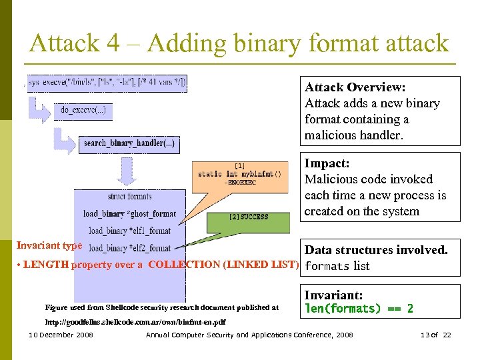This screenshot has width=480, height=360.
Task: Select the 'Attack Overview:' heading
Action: [355, 87]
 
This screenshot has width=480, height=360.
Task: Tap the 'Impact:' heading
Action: [327, 163]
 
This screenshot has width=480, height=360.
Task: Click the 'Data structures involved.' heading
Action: [376, 250]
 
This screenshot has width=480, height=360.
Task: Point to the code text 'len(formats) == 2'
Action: [359, 309]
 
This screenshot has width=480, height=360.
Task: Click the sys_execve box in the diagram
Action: [107, 83]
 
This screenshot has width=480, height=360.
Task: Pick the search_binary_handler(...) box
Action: [129, 143]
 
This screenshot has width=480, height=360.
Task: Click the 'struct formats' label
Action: [129, 197]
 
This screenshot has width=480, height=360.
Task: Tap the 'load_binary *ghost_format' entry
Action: [129, 214]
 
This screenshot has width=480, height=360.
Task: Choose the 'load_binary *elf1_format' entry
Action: [129, 231]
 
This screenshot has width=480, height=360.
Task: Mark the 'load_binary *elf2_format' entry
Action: [129, 248]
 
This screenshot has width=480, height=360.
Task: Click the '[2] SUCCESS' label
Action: [248, 217]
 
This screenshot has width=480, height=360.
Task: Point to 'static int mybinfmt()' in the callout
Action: [239, 174]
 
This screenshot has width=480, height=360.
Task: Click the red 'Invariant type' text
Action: [49, 245]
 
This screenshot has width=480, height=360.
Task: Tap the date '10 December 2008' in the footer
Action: [61, 335]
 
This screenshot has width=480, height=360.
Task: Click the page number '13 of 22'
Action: [437, 335]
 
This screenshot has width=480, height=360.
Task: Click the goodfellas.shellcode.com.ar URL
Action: [135, 322]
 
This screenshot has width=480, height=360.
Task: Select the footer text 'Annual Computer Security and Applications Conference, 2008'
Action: [249, 335]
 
